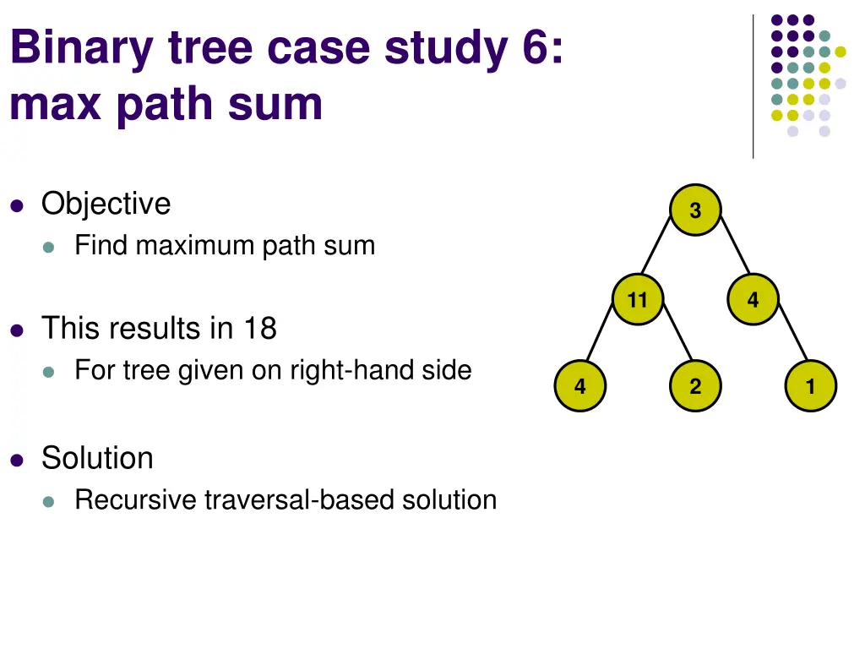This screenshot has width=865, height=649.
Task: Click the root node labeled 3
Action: tap(695, 210)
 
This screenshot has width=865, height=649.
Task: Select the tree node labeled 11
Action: tap(638, 299)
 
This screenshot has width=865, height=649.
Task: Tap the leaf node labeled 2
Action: tap(695, 387)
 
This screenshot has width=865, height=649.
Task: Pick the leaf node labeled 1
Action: tap(810, 387)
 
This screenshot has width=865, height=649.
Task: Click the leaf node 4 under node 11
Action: tap(580, 387)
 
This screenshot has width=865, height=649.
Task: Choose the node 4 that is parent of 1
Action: tap(753, 299)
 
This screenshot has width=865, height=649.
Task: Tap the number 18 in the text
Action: tap(260, 328)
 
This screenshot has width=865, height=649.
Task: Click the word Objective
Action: tap(106, 204)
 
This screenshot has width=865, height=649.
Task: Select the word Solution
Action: tap(97, 458)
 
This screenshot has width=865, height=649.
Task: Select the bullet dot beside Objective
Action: tap(17, 205)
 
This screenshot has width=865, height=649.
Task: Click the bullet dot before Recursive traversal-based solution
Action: tap(49, 501)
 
